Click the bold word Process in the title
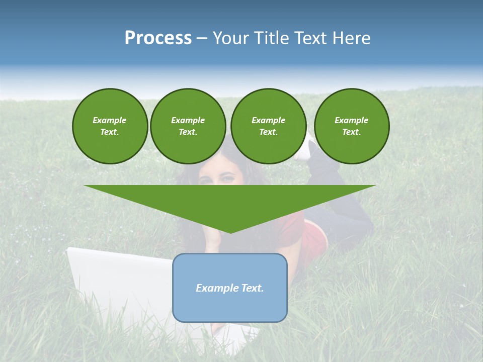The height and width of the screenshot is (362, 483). point(158,38)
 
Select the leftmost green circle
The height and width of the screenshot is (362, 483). point(110,126)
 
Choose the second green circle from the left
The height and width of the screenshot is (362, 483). point(188,126)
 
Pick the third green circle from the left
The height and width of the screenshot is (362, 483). point(268,126)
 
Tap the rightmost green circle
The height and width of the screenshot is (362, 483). point(351,126)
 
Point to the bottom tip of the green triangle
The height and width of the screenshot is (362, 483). point(230,232)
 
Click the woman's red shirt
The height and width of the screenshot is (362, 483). point(292,231)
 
